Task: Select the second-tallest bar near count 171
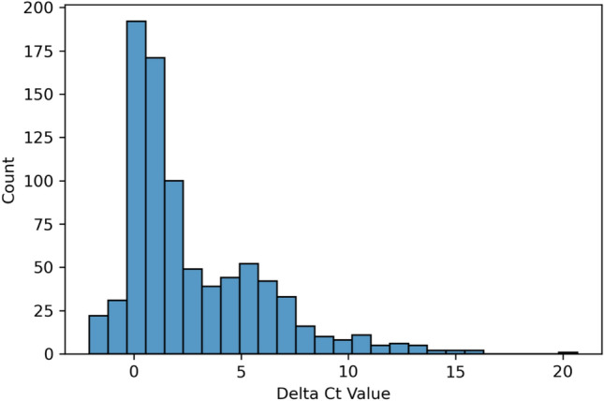156,206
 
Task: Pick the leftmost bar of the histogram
97,334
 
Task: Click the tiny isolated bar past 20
567,352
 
